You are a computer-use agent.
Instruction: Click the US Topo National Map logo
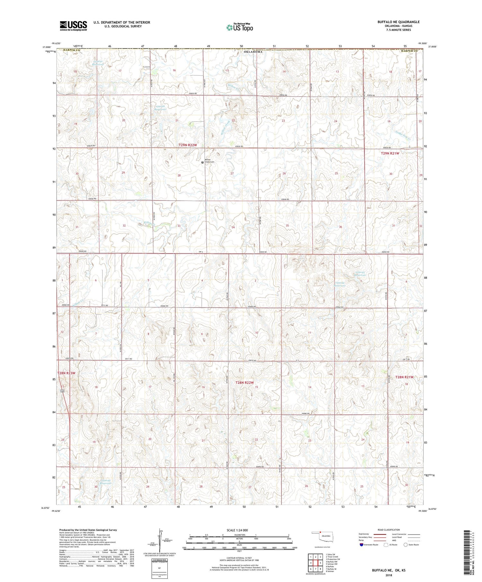click(x=239, y=27)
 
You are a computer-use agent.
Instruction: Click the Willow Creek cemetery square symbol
click(x=202, y=162)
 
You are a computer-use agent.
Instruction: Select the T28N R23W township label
click(x=66, y=373)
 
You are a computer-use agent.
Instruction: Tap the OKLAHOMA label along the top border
click(x=253, y=52)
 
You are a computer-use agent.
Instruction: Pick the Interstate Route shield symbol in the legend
click(x=362, y=545)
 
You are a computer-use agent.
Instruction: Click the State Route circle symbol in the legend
click(x=406, y=544)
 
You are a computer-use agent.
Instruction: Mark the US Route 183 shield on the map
click(x=62, y=391)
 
